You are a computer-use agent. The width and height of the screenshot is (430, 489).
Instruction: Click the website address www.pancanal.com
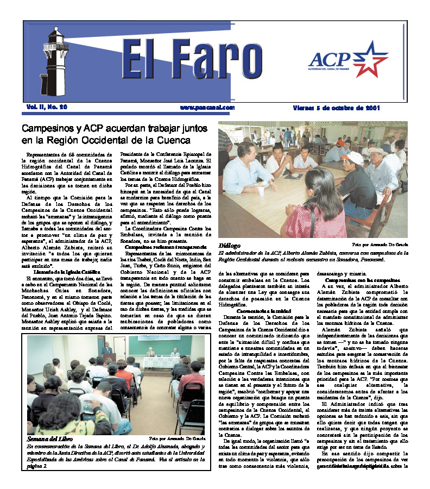207,108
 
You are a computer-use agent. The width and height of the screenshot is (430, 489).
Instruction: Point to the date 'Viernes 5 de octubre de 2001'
337,108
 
